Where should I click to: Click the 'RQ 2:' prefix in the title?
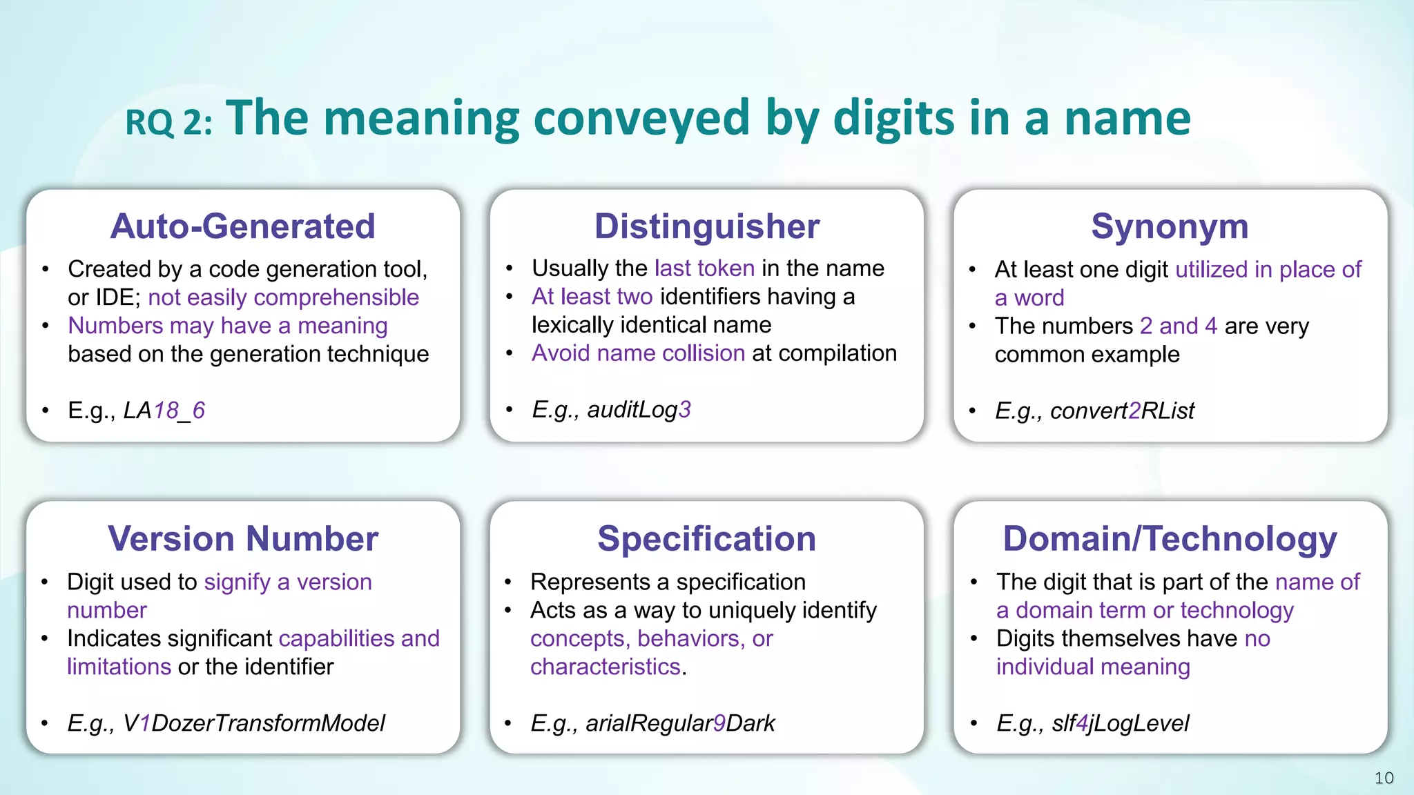tap(168, 123)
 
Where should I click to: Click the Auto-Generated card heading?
tap(243, 226)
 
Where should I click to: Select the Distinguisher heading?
tap(706, 226)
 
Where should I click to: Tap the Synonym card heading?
tap(1170, 226)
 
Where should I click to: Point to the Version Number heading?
tap(243, 538)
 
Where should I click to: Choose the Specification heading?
tap(706, 538)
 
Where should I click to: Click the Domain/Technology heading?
tap(1170, 538)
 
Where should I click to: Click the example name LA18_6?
tap(164, 411)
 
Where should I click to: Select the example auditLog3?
tap(639, 410)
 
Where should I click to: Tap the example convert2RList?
tap(1122, 411)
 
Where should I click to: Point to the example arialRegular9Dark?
tap(680, 723)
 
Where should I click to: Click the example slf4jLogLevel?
tap(1120, 723)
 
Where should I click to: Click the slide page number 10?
tap(1384, 778)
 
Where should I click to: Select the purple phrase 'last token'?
tap(704, 268)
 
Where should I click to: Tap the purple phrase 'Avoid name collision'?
tap(638, 353)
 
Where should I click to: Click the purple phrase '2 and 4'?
tap(1178, 326)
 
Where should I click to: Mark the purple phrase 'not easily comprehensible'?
tap(283, 297)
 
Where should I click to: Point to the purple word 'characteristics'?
tap(605, 667)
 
